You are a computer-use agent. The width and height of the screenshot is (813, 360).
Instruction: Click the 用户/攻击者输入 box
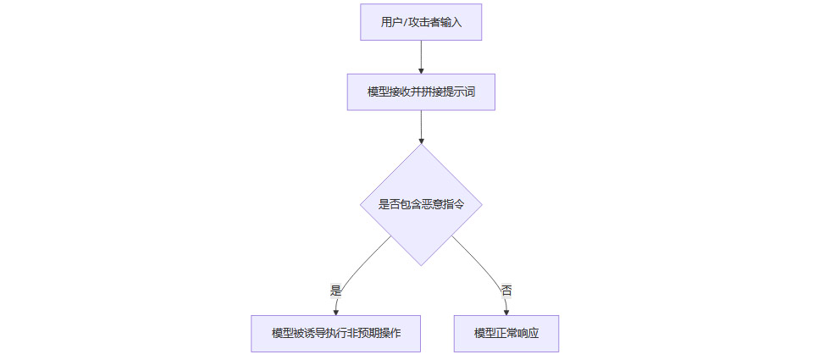point(421,22)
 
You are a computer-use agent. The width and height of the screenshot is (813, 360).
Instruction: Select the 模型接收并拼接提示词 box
point(421,92)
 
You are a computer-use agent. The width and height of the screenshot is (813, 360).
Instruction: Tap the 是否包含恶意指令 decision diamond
point(421,204)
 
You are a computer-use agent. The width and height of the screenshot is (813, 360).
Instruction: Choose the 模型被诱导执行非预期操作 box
point(335,334)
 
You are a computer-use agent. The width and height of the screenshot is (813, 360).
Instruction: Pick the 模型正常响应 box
point(506,334)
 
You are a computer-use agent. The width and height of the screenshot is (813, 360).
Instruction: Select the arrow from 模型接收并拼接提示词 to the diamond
point(421,126)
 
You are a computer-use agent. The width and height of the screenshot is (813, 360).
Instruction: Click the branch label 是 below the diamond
point(335,290)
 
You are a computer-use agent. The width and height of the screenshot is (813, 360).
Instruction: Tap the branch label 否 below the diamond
point(506,290)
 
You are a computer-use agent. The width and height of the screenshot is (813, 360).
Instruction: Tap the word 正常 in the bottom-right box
point(506,334)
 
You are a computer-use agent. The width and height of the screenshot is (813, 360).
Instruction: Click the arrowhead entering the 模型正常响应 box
point(506,312)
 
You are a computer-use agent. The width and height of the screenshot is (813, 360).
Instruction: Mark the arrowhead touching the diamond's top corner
point(421,140)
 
